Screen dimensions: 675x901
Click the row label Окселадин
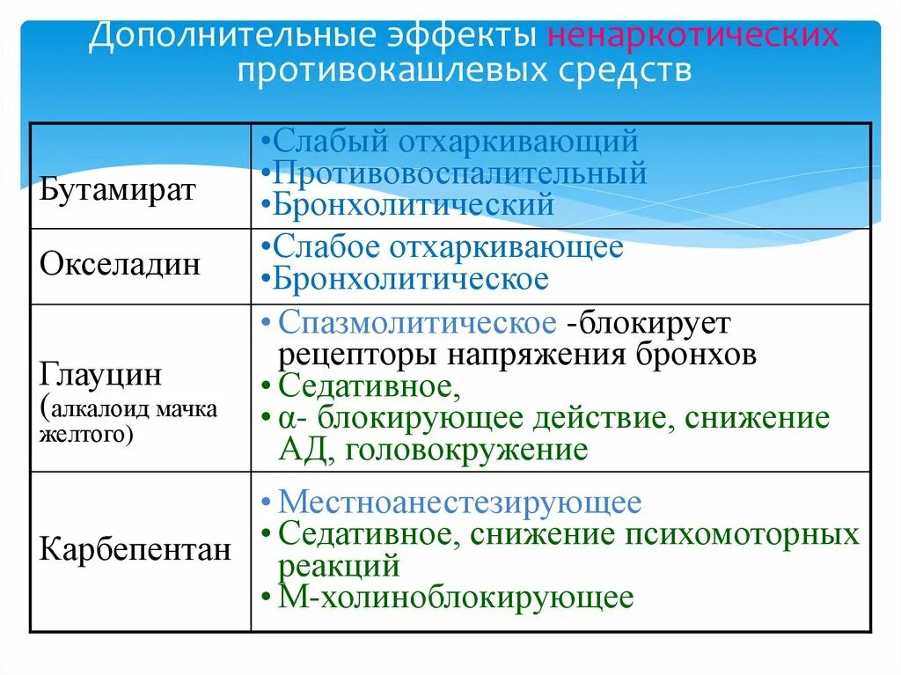click(x=121, y=265)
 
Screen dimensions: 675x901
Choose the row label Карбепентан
click(x=136, y=551)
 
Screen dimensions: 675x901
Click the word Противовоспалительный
click(x=459, y=173)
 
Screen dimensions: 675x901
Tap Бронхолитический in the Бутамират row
click(x=413, y=205)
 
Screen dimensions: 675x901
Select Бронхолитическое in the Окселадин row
click(x=410, y=280)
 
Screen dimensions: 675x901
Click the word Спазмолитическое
click(x=417, y=322)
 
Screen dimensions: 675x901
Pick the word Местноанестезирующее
click(x=459, y=503)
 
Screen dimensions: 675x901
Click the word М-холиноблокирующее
click(x=455, y=598)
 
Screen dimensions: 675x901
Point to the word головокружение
click(x=465, y=450)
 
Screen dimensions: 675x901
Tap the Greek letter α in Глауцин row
click(x=286, y=418)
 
